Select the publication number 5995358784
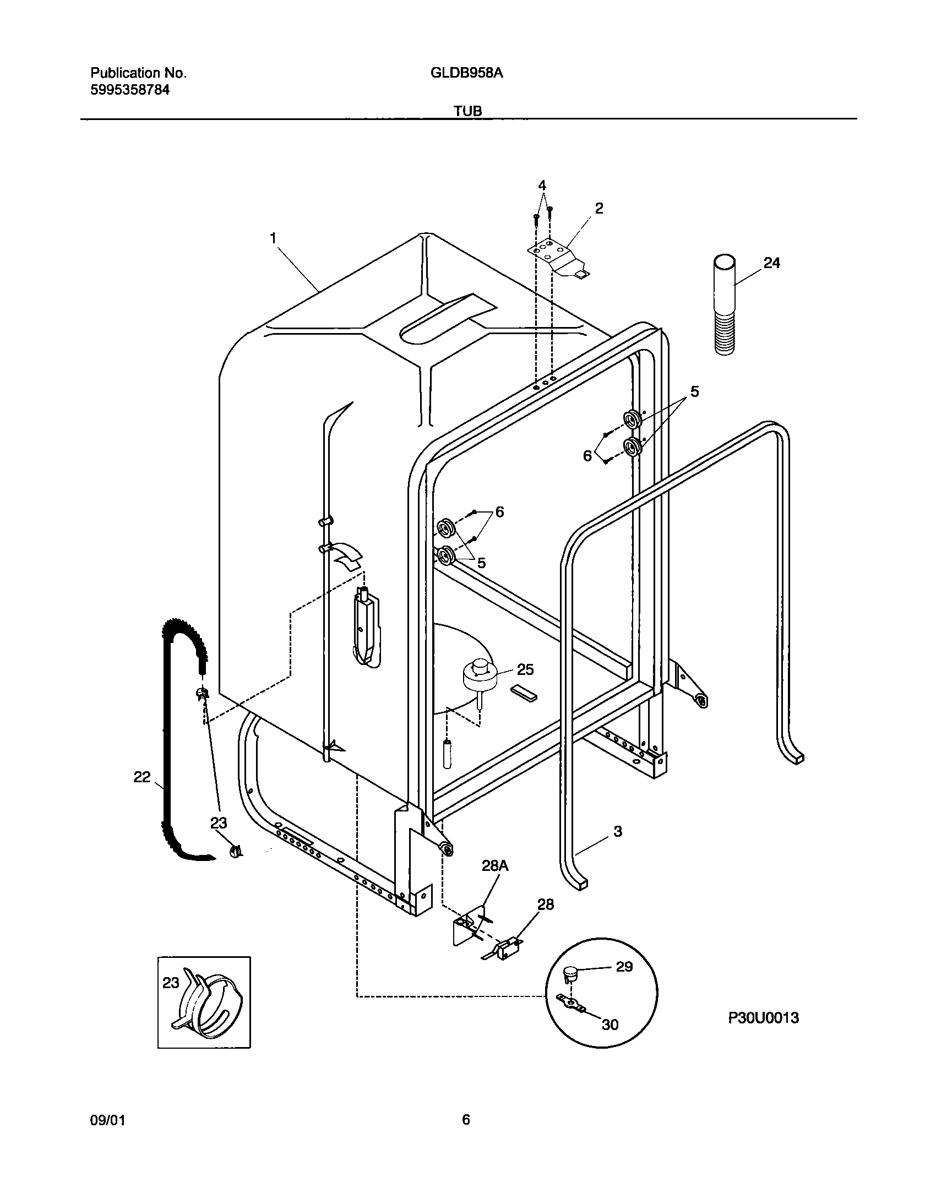129,90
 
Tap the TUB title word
467,111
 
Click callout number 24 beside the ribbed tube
771,263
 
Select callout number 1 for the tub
273,238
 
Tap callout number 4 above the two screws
542,185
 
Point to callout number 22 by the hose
142,777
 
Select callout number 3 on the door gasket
617,831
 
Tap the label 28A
495,866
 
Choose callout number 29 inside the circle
624,967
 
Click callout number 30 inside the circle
610,1024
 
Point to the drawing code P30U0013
763,1018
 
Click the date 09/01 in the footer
107,1120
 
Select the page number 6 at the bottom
466,1120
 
